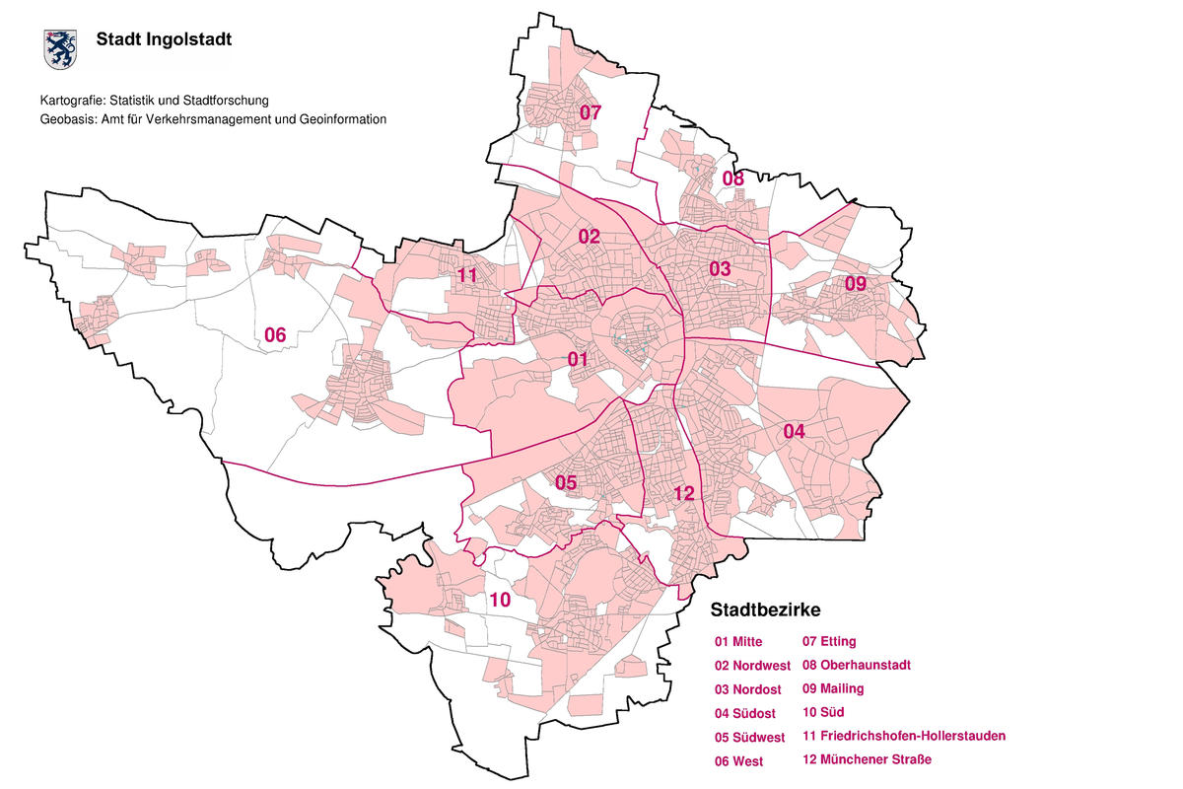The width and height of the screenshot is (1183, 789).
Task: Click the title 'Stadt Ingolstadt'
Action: [x=164, y=40]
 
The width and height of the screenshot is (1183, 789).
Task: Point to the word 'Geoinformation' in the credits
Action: [x=340, y=119]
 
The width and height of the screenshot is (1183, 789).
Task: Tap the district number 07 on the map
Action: [x=590, y=112]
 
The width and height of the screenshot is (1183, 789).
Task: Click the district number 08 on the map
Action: [x=732, y=179]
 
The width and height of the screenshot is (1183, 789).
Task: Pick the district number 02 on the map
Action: [x=589, y=237]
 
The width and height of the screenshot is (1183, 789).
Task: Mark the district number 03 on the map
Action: [x=720, y=268]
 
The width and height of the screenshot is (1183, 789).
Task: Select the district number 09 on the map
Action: [x=855, y=284]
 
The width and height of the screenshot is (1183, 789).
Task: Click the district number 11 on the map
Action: [x=466, y=275]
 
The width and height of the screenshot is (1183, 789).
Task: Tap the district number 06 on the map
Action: [x=275, y=335]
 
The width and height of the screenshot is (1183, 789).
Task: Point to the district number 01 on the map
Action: [x=578, y=359]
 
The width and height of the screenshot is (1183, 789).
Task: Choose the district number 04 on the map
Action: [x=795, y=431]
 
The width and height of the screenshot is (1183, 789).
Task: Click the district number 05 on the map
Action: [x=566, y=482]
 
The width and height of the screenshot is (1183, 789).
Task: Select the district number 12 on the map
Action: [x=685, y=493]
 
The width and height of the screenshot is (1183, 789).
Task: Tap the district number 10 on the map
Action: [x=500, y=599]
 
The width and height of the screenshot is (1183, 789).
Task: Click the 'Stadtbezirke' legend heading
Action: [x=765, y=610]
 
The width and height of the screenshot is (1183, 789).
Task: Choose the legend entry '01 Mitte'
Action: [x=738, y=642]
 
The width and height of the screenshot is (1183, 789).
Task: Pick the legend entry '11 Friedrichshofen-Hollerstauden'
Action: [x=904, y=736]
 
